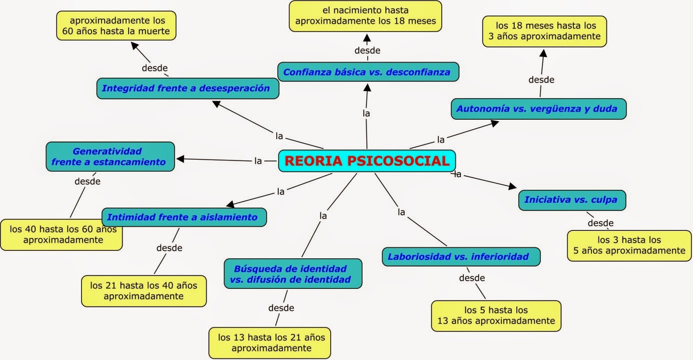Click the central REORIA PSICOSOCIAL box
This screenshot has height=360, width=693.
[367, 161]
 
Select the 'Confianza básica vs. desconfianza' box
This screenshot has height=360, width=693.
[368, 72]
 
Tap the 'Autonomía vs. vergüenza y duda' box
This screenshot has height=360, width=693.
[538, 109]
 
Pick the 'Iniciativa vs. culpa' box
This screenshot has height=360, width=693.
[572, 200]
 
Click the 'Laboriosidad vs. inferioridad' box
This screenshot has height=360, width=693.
[461, 257]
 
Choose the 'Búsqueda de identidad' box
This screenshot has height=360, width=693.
[293, 273]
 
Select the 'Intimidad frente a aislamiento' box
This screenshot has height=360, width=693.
[184, 217]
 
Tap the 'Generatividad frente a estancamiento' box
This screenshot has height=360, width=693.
[110, 156]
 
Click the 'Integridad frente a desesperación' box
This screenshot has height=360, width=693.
[187, 89]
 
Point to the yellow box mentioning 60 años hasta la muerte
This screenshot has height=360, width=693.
[117, 26]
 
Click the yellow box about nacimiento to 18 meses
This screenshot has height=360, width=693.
[365, 16]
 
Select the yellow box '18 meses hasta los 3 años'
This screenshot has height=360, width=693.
[544, 31]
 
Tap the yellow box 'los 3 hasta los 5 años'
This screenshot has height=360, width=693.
[629, 245]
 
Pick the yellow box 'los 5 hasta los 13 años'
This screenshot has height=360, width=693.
[496, 315]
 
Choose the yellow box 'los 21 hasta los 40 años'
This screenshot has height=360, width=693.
[144, 290]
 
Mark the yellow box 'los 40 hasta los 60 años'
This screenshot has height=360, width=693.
[61, 234]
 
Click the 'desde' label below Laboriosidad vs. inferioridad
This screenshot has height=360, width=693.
[472, 278]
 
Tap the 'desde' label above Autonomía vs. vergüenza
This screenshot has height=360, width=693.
[541, 80]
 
